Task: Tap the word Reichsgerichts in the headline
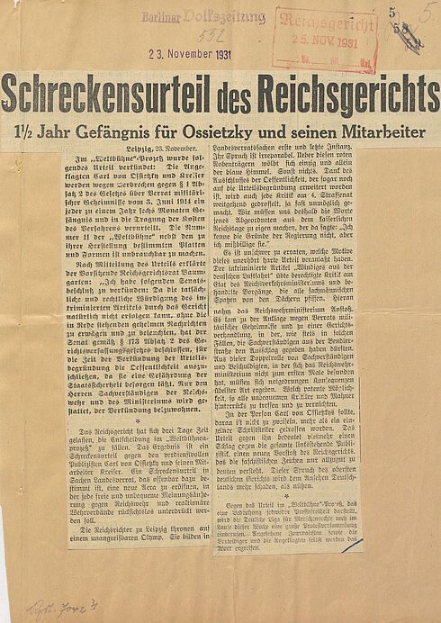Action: click(x=334, y=90)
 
